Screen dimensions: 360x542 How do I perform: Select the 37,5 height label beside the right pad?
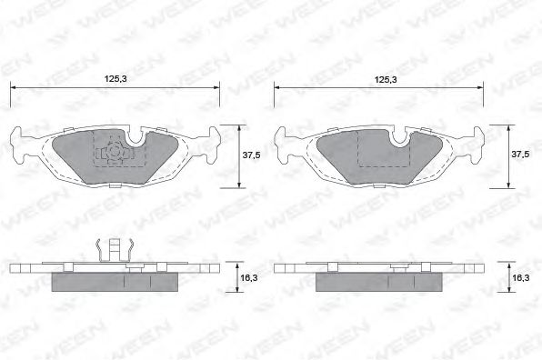pos(519,155)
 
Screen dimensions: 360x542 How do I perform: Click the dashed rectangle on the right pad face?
pos(383,150)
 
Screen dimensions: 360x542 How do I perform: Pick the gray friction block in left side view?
pos(115,283)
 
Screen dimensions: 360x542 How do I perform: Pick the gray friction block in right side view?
pos(382,283)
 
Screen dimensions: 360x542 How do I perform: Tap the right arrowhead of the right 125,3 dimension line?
pos(483,89)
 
